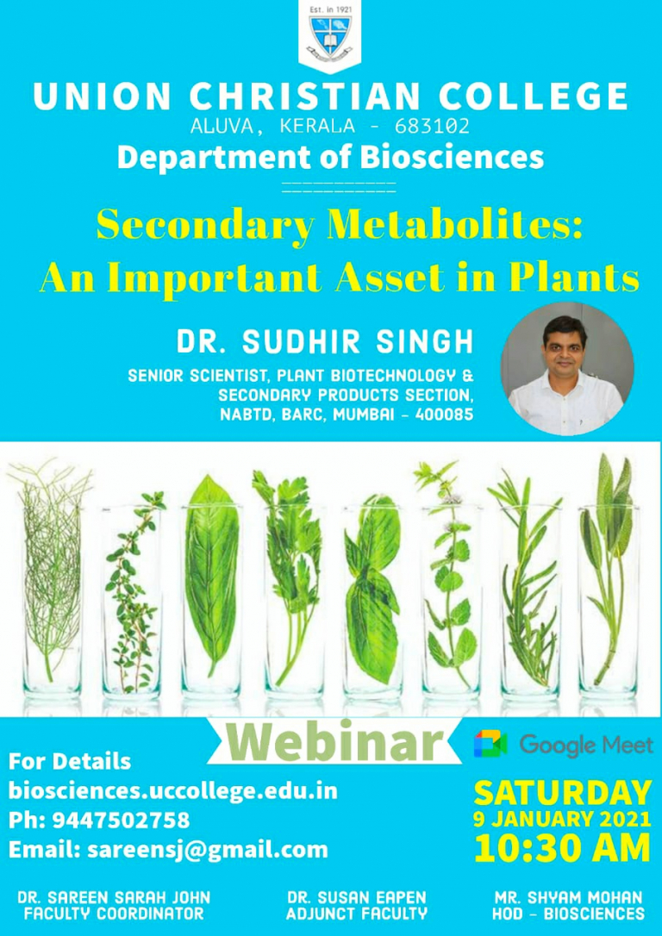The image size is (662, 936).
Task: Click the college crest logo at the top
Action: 330,38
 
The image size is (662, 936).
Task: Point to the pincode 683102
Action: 432,127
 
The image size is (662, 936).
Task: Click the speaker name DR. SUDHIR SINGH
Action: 325,342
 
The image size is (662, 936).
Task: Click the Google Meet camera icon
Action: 490,744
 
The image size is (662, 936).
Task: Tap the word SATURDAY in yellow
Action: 562,793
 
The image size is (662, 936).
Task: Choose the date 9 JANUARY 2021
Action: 562,819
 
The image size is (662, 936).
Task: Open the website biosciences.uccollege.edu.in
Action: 173,791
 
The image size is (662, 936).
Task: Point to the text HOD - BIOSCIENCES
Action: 568,914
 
